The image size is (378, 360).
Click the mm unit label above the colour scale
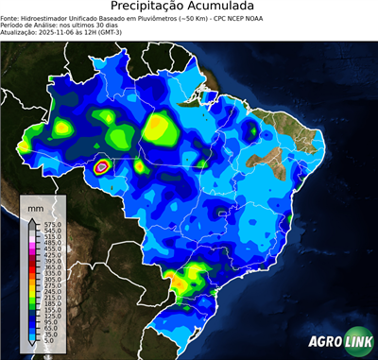coord(36,205)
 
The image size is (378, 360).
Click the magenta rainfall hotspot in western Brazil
coord(102,167)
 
